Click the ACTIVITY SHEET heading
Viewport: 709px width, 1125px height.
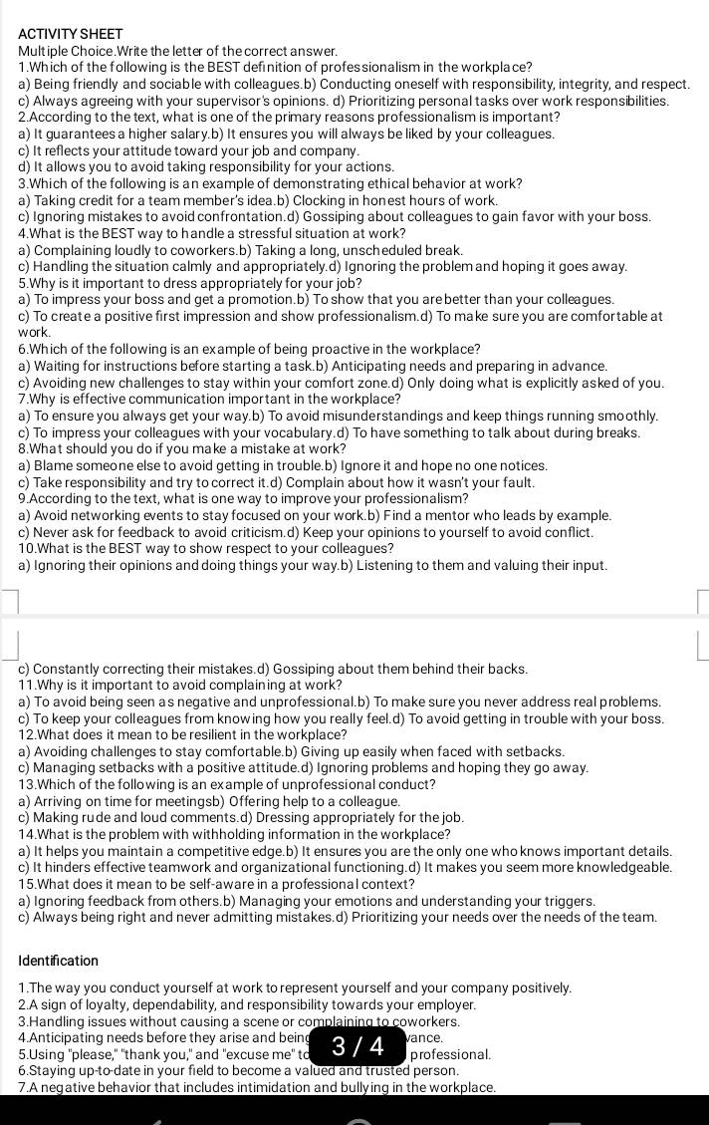coord(71,33)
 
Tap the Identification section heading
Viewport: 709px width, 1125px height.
coord(58,961)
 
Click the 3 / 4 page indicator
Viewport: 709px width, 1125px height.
coord(356,1046)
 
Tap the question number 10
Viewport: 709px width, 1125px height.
coord(28,548)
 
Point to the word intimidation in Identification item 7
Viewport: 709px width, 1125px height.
coord(275,1087)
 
